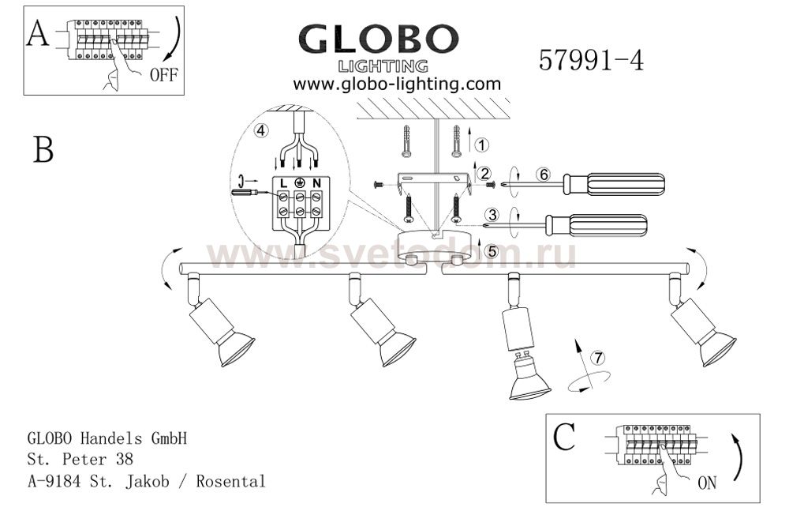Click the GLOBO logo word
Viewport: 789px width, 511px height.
pos(379,39)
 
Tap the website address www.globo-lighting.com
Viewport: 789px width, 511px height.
pos(397,84)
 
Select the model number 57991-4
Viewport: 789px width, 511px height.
pos(591,61)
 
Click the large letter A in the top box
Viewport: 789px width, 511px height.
pos(38,34)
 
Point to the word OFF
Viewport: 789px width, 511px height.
pos(164,75)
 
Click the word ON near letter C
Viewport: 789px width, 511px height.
pos(707,483)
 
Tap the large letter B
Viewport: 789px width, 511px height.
pos(43,149)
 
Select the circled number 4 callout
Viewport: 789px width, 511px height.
pos(260,130)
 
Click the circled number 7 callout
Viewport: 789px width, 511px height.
pos(598,358)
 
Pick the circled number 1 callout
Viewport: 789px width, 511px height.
pos(481,145)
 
